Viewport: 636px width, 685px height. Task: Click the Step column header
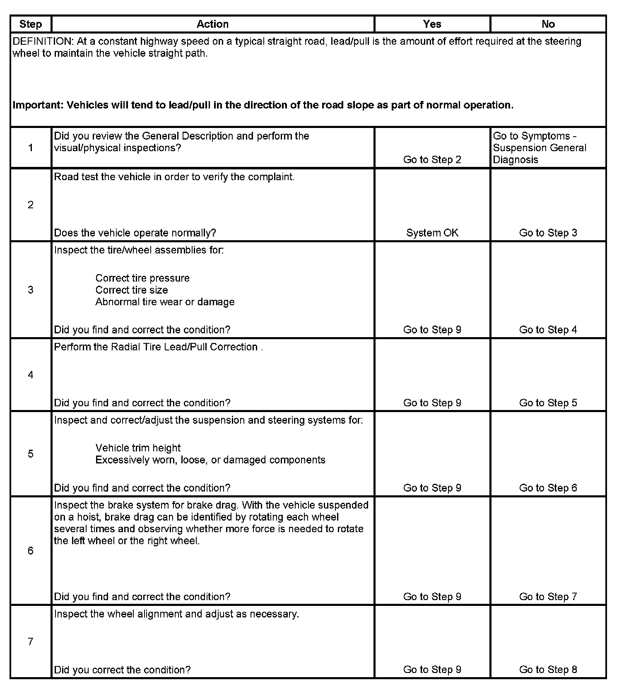click(x=31, y=24)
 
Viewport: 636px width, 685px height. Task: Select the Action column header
click(x=212, y=24)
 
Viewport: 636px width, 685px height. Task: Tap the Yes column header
click(x=432, y=24)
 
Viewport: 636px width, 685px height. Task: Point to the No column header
click(x=548, y=24)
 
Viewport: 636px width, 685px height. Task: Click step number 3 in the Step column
click(x=31, y=290)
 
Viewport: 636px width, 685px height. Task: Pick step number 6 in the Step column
click(x=31, y=551)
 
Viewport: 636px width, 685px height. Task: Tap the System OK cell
click(x=432, y=233)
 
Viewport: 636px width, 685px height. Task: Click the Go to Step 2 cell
click(x=432, y=160)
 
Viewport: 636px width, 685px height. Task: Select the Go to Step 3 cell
click(x=548, y=233)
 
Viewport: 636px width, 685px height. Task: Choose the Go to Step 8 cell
click(x=548, y=670)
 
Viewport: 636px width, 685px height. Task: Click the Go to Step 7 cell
click(x=548, y=597)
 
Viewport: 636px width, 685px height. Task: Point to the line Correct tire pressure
click(x=142, y=278)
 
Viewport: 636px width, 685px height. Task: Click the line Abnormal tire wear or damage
click(x=165, y=302)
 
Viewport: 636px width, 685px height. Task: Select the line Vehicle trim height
click(x=138, y=448)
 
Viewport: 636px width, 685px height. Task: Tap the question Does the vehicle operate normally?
click(x=135, y=233)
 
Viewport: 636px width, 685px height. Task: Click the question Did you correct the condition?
click(x=122, y=670)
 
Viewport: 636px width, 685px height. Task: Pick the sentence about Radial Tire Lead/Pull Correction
click(x=158, y=347)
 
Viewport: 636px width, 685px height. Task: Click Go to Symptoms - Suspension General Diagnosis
click(x=540, y=148)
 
